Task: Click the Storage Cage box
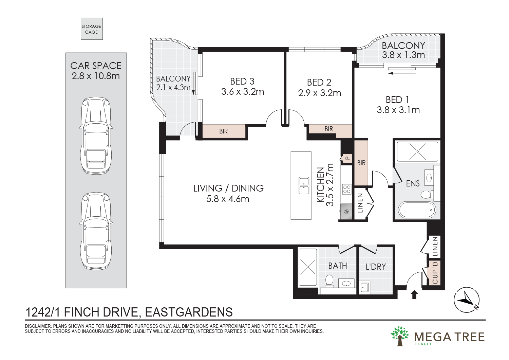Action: click(x=92, y=29)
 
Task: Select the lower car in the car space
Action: click(x=96, y=231)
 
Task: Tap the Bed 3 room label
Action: click(x=242, y=82)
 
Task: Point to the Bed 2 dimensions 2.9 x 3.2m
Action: click(x=319, y=93)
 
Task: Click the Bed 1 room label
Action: click(x=397, y=100)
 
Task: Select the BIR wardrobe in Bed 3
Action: click(x=224, y=131)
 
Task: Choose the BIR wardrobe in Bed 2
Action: click(x=329, y=129)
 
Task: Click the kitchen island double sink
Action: click(x=304, y=185)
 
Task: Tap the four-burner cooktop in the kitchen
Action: click(x=346, y=189)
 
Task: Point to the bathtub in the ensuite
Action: click(x=417, y=210)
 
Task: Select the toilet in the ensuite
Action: click(x=426, y=195)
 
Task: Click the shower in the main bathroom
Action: click(x=307, y=267)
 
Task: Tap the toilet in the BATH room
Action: click(x=329, y=281)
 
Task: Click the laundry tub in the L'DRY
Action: click(x=365, y=287)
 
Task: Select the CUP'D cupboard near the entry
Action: click(x=435, y=272)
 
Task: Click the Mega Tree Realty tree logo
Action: click(x=400, y=336)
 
